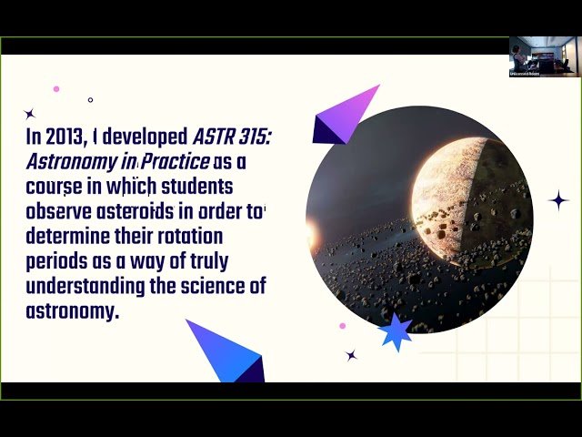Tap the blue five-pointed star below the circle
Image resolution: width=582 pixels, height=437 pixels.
pos(395,332)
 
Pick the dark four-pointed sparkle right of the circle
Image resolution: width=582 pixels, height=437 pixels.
pos(558,200)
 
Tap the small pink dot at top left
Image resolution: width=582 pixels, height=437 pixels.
pos(56,89)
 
